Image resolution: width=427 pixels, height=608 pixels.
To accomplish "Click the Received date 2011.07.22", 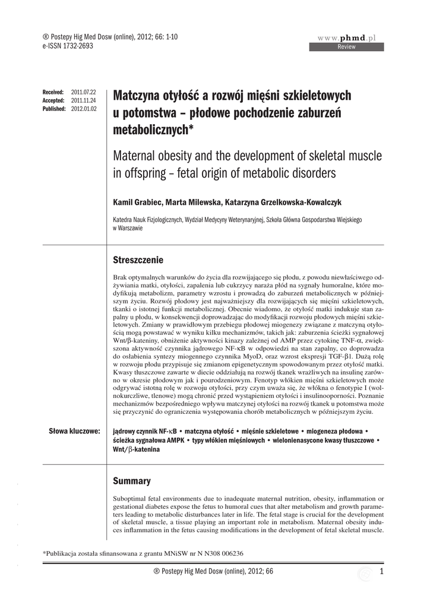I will (84, 93).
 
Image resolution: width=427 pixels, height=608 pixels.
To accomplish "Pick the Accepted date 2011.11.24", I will (84, 101).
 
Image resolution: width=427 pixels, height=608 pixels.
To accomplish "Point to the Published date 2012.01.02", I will (84, 109).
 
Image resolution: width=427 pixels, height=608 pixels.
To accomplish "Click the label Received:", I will (53, 93).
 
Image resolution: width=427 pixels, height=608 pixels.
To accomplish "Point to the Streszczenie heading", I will (138, 260).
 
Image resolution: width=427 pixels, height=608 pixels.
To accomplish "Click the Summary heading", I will (131, 480).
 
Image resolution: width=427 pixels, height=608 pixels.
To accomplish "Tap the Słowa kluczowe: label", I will (74, 429).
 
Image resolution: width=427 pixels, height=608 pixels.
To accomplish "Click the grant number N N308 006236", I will (213, 553).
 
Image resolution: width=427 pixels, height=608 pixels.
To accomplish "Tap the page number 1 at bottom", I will (381, 571).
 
